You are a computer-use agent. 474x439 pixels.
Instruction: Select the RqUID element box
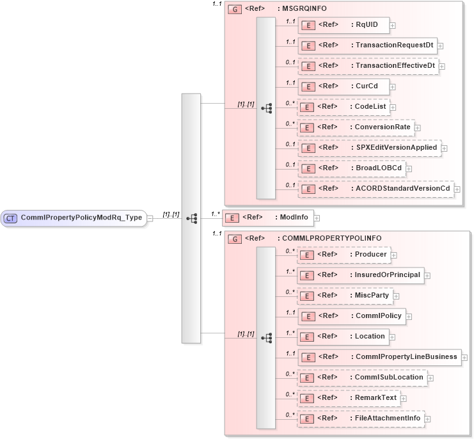click(344, 25)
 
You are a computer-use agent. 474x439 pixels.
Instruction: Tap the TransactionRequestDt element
click(368, 45)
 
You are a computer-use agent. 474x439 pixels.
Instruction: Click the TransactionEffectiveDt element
click(368, 66)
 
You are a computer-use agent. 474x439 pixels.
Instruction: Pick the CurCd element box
click(344, 86)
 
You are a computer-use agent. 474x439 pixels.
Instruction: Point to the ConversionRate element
click(356, 127)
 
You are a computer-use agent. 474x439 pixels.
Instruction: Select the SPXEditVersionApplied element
click(369, 148)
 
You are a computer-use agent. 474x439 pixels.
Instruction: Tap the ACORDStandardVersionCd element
click(375, 189)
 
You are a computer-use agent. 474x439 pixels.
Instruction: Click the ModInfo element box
click(267, 218)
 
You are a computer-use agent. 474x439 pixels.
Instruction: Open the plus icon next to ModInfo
click(317, 218)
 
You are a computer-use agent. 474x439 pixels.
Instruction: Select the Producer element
click(344, 255)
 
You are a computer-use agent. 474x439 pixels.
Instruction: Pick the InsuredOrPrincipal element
click(361, 275)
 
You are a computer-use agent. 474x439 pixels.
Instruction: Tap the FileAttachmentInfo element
click(361, 419)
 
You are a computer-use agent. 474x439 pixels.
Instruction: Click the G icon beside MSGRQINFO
click(235, 10)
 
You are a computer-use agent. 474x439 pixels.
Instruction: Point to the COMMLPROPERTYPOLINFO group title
click(329, 239)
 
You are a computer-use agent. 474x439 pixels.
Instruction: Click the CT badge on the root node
click(10, 218)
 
